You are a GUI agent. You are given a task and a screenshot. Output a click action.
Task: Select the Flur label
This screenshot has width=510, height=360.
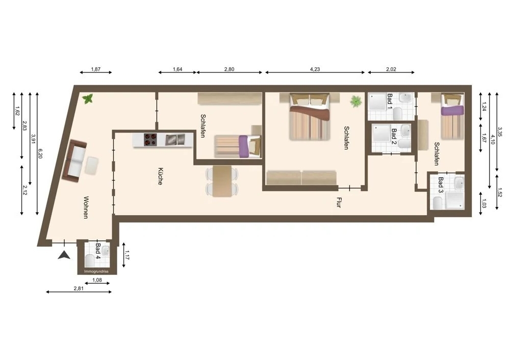(x=338, y=202)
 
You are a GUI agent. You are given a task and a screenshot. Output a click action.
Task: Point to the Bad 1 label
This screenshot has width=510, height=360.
(x=389, y=101)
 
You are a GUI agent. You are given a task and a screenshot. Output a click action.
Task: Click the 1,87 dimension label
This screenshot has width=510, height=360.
(x=95, y=69)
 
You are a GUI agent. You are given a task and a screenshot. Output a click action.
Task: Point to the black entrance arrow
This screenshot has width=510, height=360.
(x=64, y=255)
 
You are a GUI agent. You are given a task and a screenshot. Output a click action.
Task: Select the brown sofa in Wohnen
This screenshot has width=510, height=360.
(x=73, y=161)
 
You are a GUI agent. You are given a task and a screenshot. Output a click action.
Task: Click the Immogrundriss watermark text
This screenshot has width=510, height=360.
(x=96, y=272)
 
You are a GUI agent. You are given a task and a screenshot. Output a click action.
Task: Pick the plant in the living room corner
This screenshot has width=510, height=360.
(x=88, y=99)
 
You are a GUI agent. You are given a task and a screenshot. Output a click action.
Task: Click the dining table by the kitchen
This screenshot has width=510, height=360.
(x=222, y=181)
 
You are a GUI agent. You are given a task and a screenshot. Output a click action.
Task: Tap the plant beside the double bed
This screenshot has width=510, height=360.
(x=355, y=101)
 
